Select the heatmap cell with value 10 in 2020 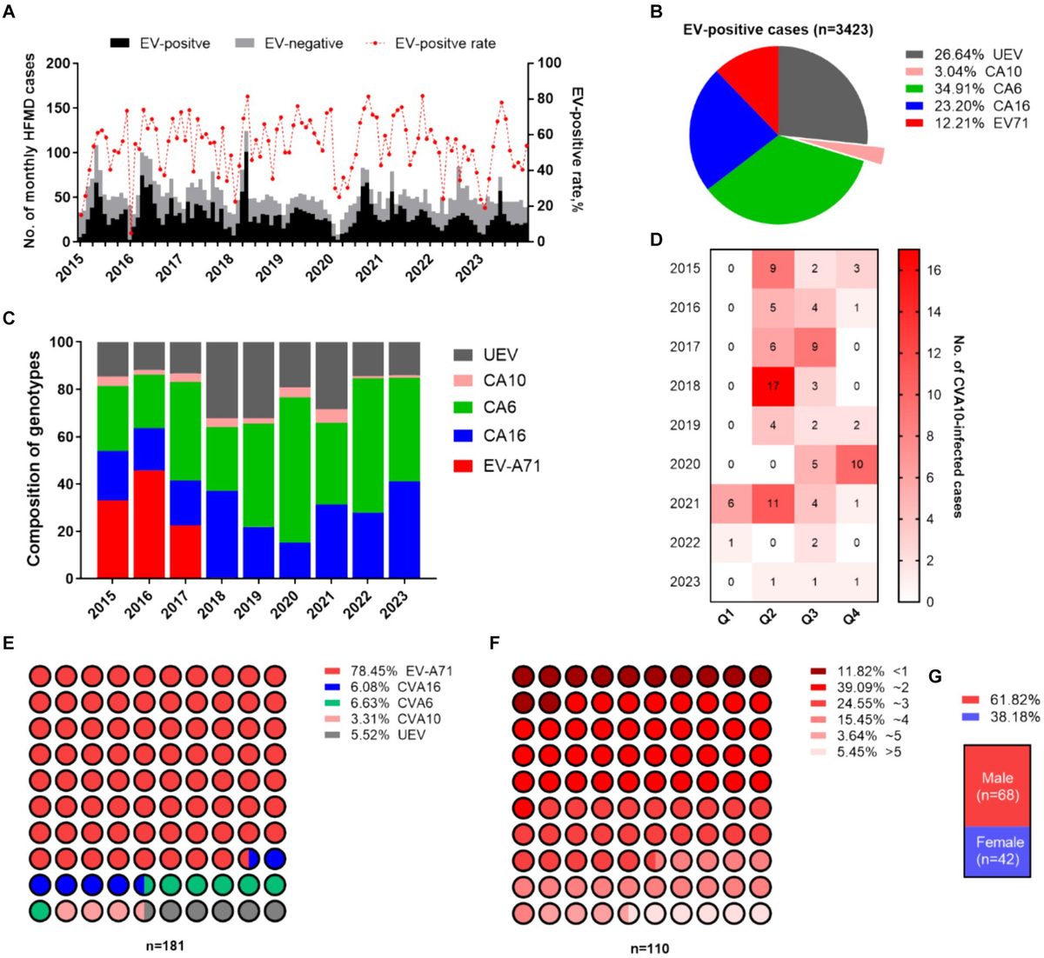(x=858, y=464)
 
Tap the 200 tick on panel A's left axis (x=57, y=63)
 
